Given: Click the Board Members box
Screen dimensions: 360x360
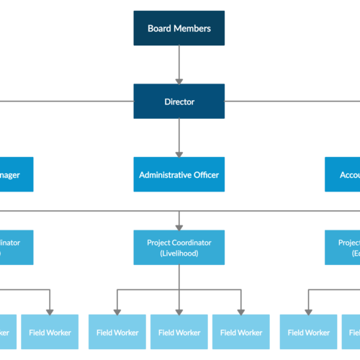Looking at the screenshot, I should pyautogui.click(x=179, y=29).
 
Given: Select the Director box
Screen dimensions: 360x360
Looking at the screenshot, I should pyautogui.click(x=179, y=102).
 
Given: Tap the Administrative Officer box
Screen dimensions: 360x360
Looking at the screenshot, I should pyautogui.click(x=179, y=174).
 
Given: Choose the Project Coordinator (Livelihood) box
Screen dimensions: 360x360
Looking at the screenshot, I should pyautogui.click(x=179, y=248).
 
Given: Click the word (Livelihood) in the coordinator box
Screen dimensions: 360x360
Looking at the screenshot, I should pyautogui.click(x=179, y=253).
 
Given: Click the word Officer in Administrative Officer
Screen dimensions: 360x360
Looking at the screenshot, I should pyautogui.click(x=205, y=174).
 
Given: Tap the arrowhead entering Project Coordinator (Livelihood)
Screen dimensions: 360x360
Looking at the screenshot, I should pyautogui.click(x=179, y=225).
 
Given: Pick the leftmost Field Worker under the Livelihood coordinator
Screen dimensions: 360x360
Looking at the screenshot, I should pyautogui.click(x=117, y=332).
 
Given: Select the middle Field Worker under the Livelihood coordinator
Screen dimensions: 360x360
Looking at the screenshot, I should pyautogui.click(x=179, y=332).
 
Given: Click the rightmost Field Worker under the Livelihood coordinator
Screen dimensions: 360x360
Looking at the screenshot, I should pyautogui.click(x=240, y=332).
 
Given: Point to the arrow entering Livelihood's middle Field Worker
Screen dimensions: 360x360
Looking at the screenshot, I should pyautogui.click(x=179, y=302).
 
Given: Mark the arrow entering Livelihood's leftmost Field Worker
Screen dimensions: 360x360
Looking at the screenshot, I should pyautogui.click(x=117, y=302).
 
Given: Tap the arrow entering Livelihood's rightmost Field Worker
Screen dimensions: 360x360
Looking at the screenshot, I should pyautogui.click(x=240, y=302).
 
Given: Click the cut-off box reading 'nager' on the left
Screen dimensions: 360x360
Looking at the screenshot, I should pyautogui.click(x=16, y=174).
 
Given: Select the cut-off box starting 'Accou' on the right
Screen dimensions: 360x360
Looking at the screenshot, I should pyautogui.click(x=342, y=174).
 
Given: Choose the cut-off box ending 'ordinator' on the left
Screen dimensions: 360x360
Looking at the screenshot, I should pyautogui.click(x=16, y=248).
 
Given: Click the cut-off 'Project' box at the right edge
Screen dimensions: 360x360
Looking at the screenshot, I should pyautogui.click(x=342, y=248).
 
